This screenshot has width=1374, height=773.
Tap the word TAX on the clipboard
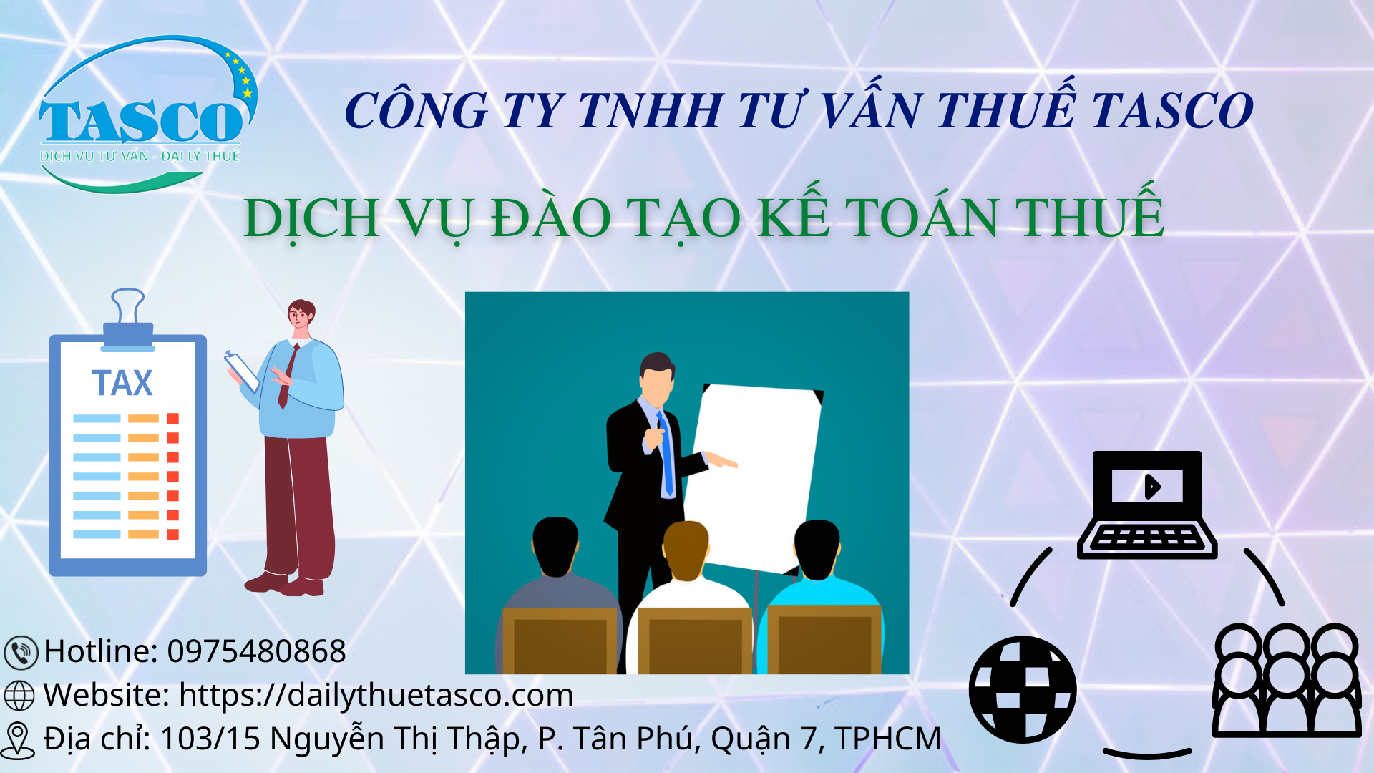point(122,383)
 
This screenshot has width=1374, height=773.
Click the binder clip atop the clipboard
point(128,319)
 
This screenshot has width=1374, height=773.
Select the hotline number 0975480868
point(256,651)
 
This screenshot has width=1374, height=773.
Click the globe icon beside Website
point(19,695)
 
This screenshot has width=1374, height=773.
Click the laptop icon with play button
point(1147,505)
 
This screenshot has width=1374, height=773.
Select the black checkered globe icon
point(1023,689)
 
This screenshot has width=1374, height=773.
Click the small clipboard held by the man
point(242,371)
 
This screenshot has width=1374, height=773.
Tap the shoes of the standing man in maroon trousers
point(285,584)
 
